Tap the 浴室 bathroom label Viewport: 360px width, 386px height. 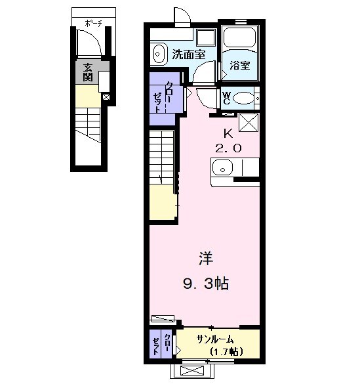coord(240,66)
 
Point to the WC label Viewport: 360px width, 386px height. coord(226,98)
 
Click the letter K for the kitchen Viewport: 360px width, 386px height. coord(228,132)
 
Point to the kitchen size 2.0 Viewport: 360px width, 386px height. coord(228,148)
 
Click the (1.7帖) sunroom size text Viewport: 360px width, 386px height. coord(226,353)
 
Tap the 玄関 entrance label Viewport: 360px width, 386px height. coord(87,72)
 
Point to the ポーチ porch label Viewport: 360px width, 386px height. coord(92,24)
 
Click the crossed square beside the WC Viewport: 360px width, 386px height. coord(249,123)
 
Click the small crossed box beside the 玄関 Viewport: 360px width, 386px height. coord(106,96)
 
